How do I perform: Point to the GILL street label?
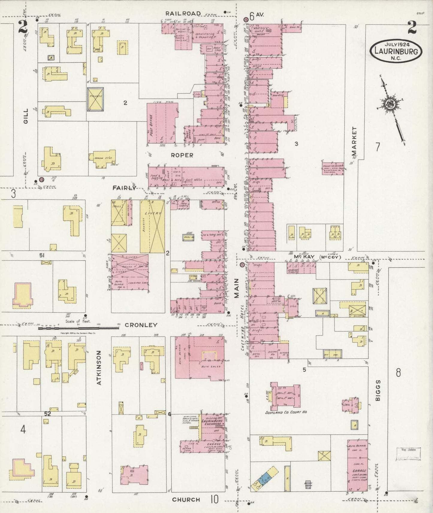(25, 116)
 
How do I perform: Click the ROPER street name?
(182, 155)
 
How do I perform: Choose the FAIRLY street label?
(124, 188)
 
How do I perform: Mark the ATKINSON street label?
(99, 368)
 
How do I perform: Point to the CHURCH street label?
(186, 499)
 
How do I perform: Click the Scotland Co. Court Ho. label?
(287, 412)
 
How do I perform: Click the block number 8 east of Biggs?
(398, 373)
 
